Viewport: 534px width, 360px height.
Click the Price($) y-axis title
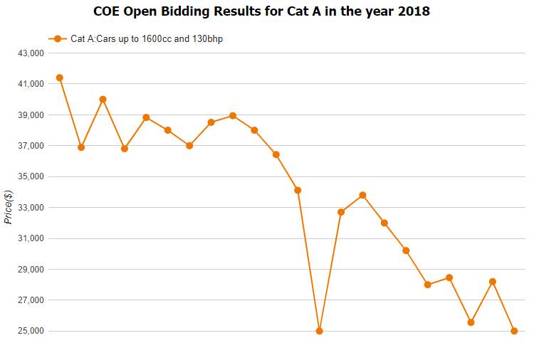pos(8,207)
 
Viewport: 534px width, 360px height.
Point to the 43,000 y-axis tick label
pos(30,53)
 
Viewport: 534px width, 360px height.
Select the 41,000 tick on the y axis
pos(30,84)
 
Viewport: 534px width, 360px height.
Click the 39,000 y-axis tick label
pos(30,115)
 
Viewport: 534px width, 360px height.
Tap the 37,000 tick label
pos(30,146)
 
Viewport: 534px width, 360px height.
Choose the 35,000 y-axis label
pos(30,176)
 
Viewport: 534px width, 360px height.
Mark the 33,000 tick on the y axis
pos(30,208)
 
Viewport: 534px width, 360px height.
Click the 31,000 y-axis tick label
pos(30,238)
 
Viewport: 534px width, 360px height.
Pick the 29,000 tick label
pos(30,270)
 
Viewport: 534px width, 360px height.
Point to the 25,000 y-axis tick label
pos(30,331)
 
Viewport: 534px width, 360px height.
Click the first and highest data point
pos(60,78)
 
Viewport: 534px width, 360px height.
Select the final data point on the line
pos(514,331)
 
